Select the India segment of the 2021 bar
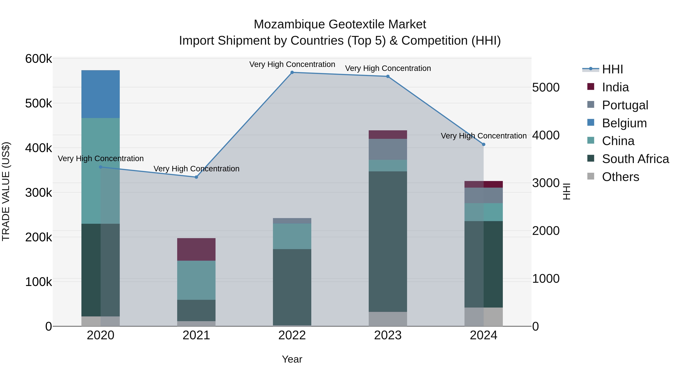pyautogui.click(x=196, y=249)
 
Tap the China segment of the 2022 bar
pyautogui.click(x=292, y=236)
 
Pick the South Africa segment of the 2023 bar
pyautogui.click(x=388, y=241)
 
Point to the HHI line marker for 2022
pyautogui.click(x=292, y=72)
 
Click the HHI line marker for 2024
pyautogui.click(x=483, y=144)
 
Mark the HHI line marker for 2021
pyautogui.click(x=196, y=177)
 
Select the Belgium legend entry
pyautogui.click(x=624, y=123)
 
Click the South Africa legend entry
pyautogui.click(x=635, y=159)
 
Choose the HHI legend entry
pyautogui.click(x=612, y=69)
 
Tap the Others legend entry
pyautogui.click(x=620, y=177)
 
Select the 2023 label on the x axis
pyautogui.click(x=388, y=335)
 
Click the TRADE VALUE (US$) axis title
pyautogui.click(x=6, y=191)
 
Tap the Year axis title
pyautogui.click(x=292, y=359)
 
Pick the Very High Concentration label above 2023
pyautogui.click(x=388, y=68)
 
